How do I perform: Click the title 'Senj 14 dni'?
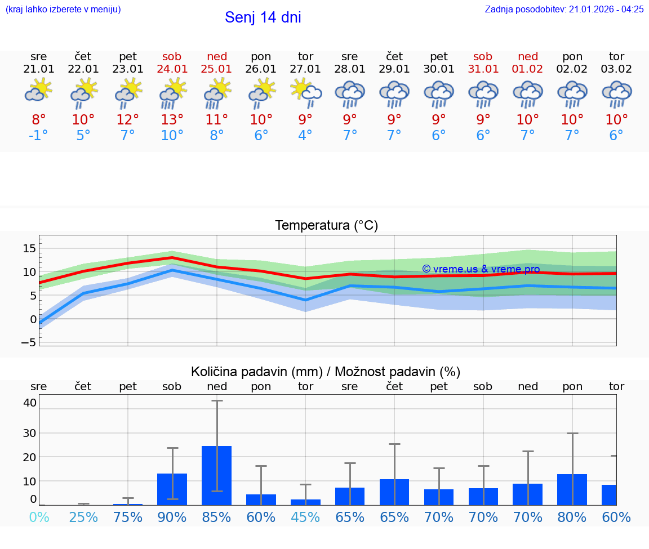(263, 17)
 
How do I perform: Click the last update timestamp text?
(564, 9)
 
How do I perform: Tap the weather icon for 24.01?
(172, 93)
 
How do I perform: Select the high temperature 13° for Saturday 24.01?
(172, 120)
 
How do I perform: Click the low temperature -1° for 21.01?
(38, 136)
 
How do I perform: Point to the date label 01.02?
(528, 69)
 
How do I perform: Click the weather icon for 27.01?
(306, 93)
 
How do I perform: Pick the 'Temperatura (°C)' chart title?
(326, 226)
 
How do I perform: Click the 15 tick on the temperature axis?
(29, 248)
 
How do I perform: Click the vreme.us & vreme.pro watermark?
(481, 269)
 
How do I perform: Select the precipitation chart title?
(326, 372)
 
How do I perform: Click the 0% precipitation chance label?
(39, 517)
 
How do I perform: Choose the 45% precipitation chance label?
(305, 517)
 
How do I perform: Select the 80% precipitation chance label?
(572, 517)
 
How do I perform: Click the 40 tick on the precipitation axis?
(29, 403)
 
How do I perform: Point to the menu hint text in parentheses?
(63, 9)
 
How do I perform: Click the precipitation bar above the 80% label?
(572, 489)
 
